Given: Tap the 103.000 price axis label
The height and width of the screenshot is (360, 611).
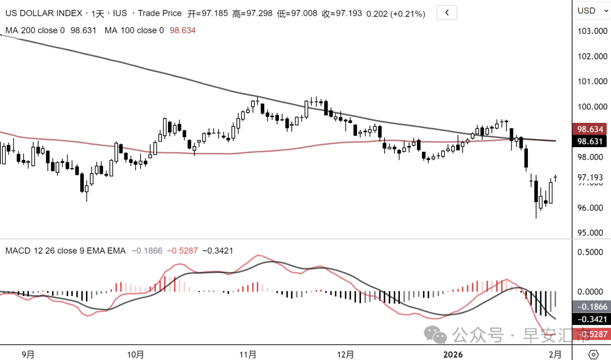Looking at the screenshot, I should tap(591, 31).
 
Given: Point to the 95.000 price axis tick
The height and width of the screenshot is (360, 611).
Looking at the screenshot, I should tap(591, 233).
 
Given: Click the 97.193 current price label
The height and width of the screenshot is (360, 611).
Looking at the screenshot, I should tap(590, 178).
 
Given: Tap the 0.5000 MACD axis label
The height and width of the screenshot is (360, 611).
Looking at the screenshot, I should tap(591, 252).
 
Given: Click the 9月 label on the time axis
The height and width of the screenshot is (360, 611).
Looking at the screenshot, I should tap(28, 354).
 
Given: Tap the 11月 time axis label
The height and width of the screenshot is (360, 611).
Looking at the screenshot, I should tap(248, 354).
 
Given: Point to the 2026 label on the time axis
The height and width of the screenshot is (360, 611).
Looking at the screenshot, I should tap(453, 354).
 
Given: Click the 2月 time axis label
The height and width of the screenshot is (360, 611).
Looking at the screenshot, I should tap(556, 354).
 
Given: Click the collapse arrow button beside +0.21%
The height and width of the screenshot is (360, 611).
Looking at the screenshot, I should tap(447, 12).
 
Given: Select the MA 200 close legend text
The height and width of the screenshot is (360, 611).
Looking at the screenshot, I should tap(35, 31).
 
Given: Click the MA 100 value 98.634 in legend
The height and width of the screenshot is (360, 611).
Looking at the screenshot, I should tap(182, 31).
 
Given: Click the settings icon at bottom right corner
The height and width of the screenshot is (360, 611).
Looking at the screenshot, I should tap(592, 354).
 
